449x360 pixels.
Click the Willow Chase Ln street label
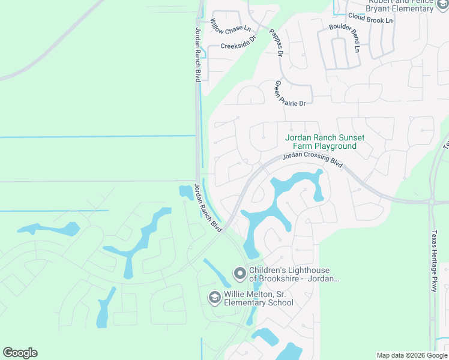pyautogui.click(x=230, y=26)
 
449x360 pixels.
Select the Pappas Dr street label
pyautogui.click(x=276, y=42)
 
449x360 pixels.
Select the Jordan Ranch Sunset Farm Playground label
pyautogui.click(x=324, y=142)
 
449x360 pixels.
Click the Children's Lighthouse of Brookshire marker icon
pyautogui.click(x=240, y=274)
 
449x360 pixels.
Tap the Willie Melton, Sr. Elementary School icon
pyautogui.click(x=214, y=297)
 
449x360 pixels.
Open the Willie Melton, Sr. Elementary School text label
pyautogui.click(x=259, y=299)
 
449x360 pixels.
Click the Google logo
pyautogui.click(x=20, y=353)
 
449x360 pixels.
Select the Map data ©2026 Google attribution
pyautogui.click(x=412, y=355)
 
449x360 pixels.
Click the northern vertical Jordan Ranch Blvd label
pyautogui.click(x=197, y=55)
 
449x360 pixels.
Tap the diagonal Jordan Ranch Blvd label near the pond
pyautogui.click(x=208, y=209)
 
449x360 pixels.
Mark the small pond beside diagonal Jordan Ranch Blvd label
pyautogui.click(x=185, y=192)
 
